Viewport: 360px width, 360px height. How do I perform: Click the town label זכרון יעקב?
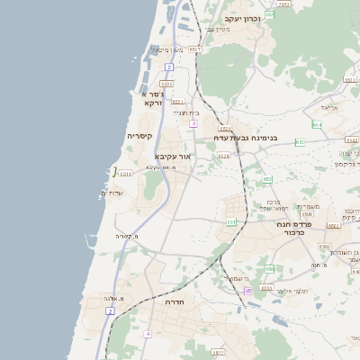242,19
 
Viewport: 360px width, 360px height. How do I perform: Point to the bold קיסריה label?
139,136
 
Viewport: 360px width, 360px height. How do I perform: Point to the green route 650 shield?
270,268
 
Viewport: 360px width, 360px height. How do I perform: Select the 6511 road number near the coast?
125,173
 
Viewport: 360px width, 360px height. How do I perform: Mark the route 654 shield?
317,124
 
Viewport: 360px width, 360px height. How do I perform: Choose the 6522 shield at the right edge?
352,140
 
